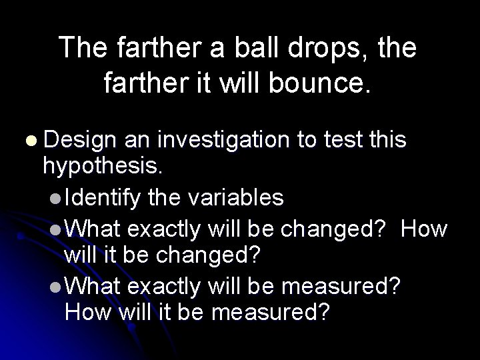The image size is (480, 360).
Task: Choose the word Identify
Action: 103,197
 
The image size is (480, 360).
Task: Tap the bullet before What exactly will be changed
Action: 57,230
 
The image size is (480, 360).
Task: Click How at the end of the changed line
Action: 425,229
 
